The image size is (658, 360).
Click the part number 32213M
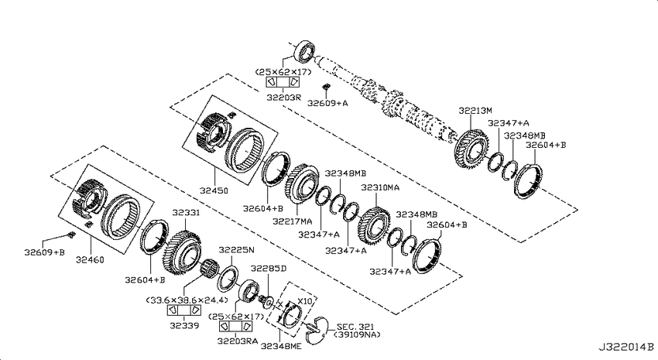pyautogui.click(x=475, y=111)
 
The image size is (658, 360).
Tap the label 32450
pyautogui.click(x=214, y=190)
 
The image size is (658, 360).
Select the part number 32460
pyautogui.click(x=90, y=259)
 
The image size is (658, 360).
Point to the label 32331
pyautogui.click(x=186, y=213)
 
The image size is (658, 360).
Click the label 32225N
pyautogui.click(x=236, y=250)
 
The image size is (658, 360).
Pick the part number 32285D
pyautogui.click(x=268, y=268)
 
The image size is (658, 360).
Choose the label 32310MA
pyautogui.click(x=380, y=187)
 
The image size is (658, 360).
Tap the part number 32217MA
pyautogui.click(x=292, y=221)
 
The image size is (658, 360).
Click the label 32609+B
pyautogui.click(x=44, y=252)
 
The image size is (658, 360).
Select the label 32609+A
pyautogui.click(x=327, y=103)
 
